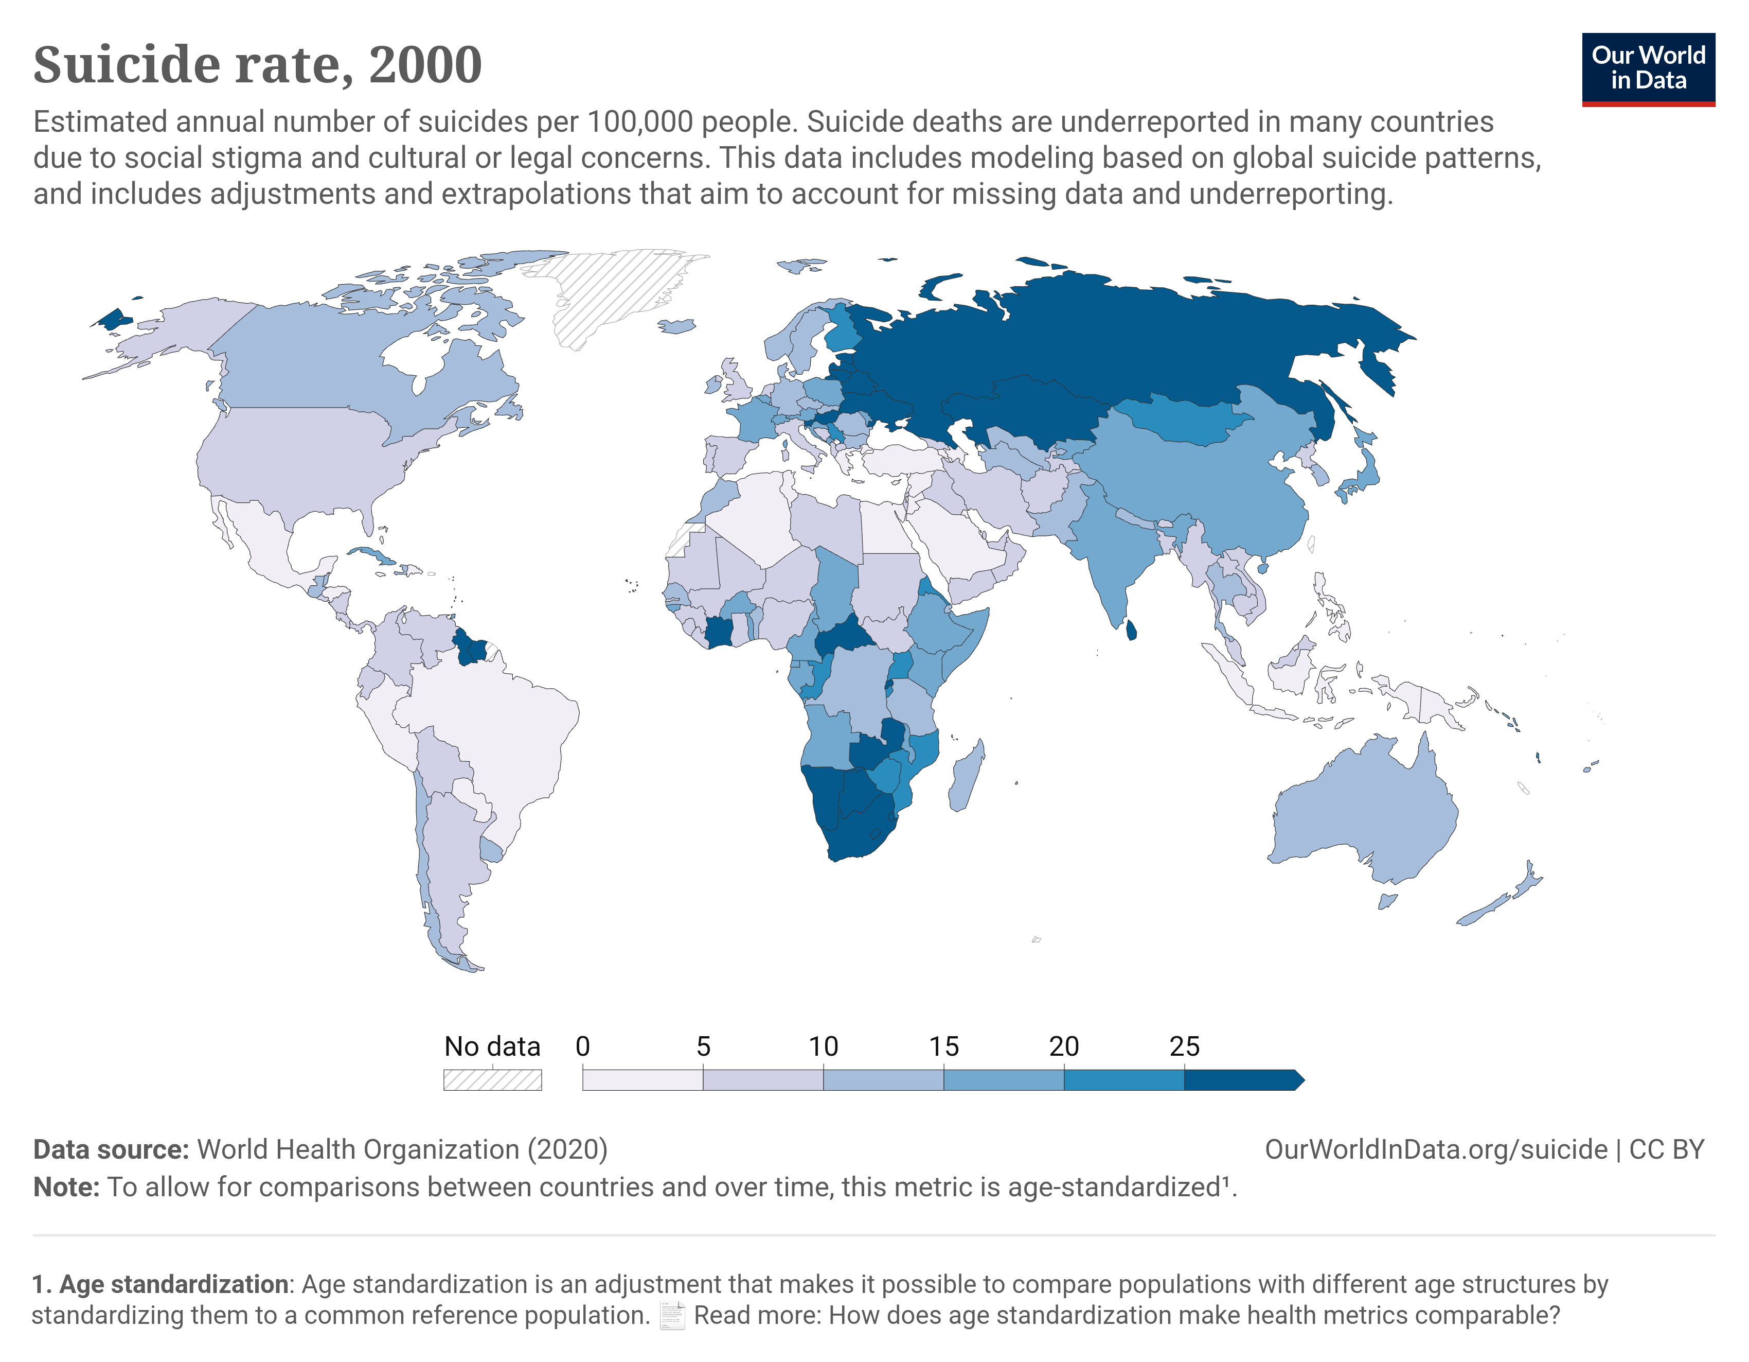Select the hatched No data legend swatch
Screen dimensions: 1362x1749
[492, 1080]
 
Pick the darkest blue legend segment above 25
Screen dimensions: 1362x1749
[1241, 1080]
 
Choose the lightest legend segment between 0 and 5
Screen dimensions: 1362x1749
[643, 1080]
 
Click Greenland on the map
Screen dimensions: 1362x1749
[613, 292]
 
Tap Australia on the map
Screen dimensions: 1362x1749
[1362, 809]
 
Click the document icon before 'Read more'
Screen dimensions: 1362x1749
[672, 1316]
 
